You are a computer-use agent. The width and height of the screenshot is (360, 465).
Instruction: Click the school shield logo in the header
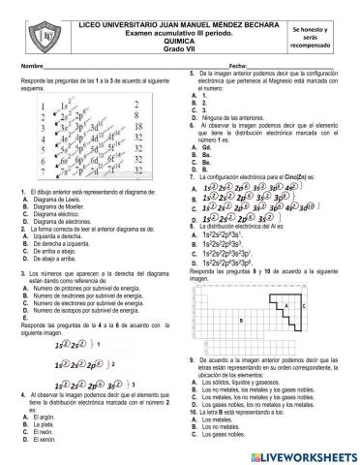click(x=44, y=36)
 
